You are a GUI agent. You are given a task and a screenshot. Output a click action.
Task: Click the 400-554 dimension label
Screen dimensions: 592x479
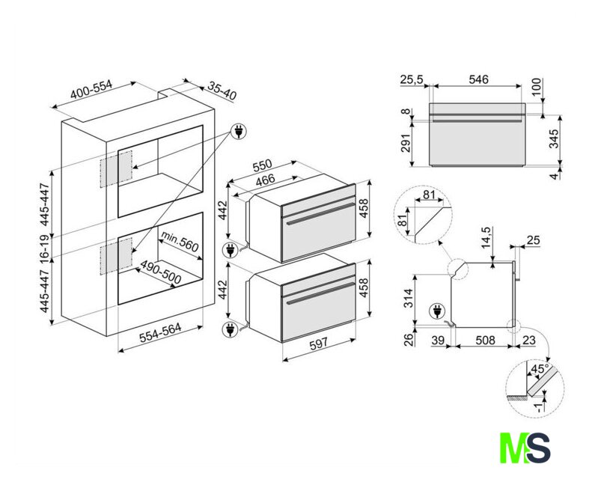click(92, 89)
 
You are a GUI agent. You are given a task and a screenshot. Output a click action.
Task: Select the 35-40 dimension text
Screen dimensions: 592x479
click(222, 92)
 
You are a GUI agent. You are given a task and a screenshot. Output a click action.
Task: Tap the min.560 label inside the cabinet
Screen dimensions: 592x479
click(180, 241)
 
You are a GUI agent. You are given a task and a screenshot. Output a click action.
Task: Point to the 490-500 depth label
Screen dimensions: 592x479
click(161, 272)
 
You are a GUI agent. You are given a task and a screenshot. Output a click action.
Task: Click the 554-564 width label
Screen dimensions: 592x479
click(160, 332)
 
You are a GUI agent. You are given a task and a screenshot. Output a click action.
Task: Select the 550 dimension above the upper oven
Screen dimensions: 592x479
click(263, 165)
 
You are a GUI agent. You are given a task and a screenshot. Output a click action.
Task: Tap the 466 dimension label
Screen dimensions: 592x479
click(266, 180)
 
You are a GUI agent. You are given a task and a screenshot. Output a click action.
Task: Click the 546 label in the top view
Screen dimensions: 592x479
click(478, 79)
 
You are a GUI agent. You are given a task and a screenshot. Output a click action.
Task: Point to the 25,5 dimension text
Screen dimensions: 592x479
click(412, 79)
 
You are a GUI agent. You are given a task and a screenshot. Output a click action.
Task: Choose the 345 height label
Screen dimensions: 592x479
click(553, 139)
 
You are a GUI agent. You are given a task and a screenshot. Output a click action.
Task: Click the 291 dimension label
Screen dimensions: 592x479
click(406, 143)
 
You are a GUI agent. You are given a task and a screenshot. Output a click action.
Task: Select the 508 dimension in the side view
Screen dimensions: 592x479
click(485, 340)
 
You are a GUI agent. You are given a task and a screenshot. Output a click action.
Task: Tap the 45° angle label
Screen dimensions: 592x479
click(540, 369)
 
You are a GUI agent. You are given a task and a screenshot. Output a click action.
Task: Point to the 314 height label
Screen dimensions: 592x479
click(409, 298)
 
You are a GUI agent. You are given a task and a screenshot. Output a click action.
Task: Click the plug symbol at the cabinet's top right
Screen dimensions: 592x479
click(239, 131)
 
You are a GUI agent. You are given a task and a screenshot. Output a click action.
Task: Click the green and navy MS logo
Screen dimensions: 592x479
click(525, 448)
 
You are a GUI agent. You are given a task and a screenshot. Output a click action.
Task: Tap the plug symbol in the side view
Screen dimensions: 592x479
click(436, 312)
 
